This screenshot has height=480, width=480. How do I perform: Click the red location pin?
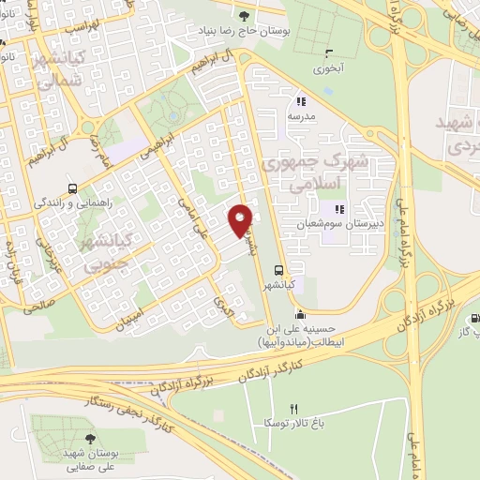pyautogui.click(x=241, y=218)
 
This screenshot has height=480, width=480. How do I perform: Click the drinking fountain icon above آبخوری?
pyautogui.click(x=327, y=52)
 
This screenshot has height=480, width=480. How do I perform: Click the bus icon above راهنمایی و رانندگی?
pyautogui.click(x=73, y=187)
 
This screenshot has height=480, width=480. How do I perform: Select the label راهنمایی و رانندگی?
pyautogui.click(x=74, y=202)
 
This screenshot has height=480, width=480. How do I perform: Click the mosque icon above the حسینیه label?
pyautogui.click(x=299, y=315)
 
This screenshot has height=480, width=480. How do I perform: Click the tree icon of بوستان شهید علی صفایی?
pyautogui.click(x=90, y=437)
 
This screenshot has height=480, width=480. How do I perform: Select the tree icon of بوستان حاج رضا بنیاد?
pyautogui.click(x=246, y=15)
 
